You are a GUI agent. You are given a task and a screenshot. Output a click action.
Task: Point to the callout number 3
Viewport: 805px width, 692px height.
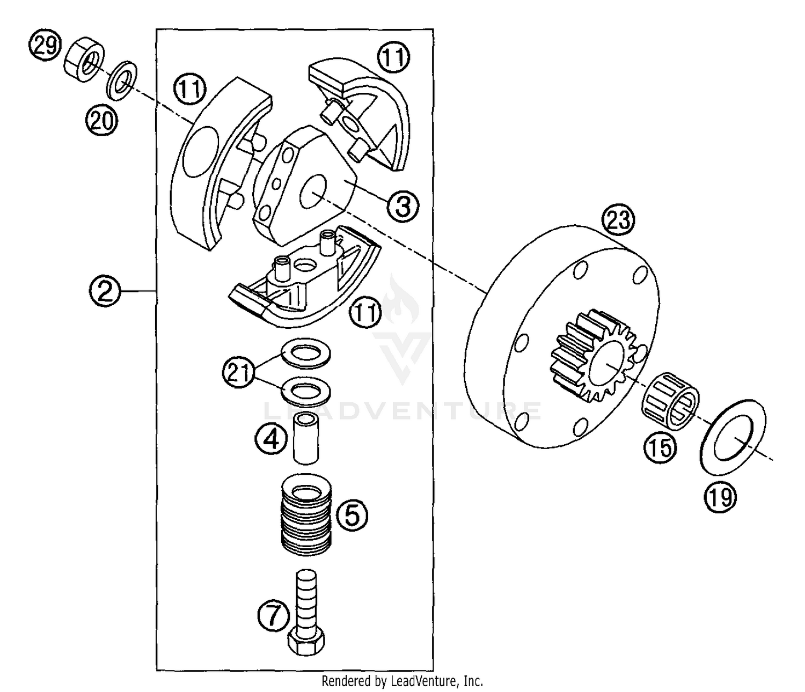[402, 205]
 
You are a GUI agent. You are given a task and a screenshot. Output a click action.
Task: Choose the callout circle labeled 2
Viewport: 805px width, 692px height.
[105, 291]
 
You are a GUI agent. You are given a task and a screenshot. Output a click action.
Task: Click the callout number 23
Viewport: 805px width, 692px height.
[618, 220]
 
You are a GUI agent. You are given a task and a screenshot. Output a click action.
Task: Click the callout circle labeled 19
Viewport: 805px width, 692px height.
[720, 497]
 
